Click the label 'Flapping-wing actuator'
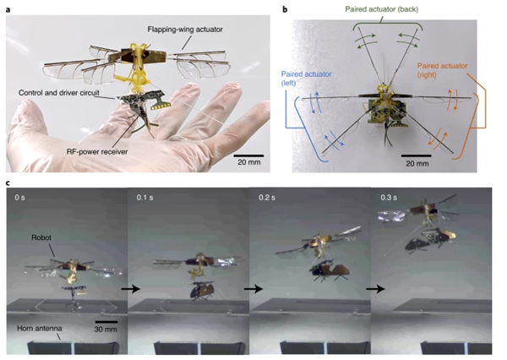[185, 30]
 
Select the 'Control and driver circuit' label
[59, 93]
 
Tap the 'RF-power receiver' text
[97, 151]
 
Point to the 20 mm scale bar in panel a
[248, 155]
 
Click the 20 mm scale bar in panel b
[416, 155]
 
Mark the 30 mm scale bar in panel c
[106, 322]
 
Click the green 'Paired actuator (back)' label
[382, 9]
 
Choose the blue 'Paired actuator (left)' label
[306, 79]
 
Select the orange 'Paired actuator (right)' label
[442, 70]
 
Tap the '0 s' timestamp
[19, 197]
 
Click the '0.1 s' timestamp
[144, 197]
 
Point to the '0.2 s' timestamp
[267, 197]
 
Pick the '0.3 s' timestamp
[389, 197]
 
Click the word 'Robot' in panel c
[41, 237]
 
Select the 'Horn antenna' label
[40, 328]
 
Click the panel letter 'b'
[285, 9]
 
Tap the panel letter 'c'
[8, 183]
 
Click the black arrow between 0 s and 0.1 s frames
[131, 288]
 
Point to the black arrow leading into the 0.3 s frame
[375, 288]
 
